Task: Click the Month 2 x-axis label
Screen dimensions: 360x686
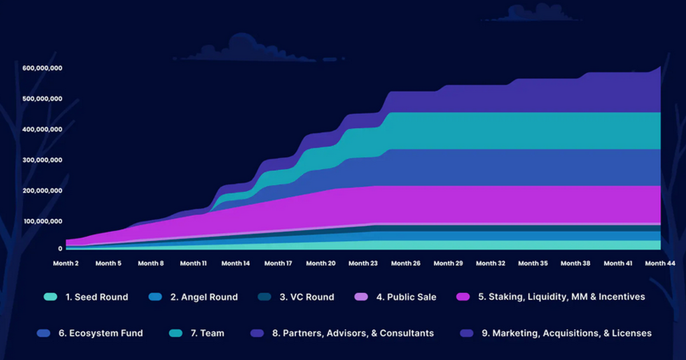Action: [65, 263]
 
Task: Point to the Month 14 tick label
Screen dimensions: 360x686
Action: [236, 263]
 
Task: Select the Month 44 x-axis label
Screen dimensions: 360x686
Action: [660, 263]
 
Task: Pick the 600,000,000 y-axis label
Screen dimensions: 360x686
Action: [42, 68]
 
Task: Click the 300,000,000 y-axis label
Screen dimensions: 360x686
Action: [42, 160]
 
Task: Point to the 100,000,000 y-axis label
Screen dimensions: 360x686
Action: [42, 221]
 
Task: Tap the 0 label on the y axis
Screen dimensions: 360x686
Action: [59, 249]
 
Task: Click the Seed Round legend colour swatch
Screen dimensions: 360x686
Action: [50, 297]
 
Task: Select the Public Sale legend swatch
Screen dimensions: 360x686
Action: [361, 297]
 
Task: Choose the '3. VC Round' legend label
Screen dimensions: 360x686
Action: [306, 297]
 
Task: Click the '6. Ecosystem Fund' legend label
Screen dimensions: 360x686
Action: [101, 333]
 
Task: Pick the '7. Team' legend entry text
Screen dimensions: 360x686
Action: [208, 333]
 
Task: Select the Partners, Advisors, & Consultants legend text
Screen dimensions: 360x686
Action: [353, 333]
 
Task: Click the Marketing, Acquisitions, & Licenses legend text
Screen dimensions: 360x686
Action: [572, 333]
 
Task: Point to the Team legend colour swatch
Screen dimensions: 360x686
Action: [176, 333]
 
